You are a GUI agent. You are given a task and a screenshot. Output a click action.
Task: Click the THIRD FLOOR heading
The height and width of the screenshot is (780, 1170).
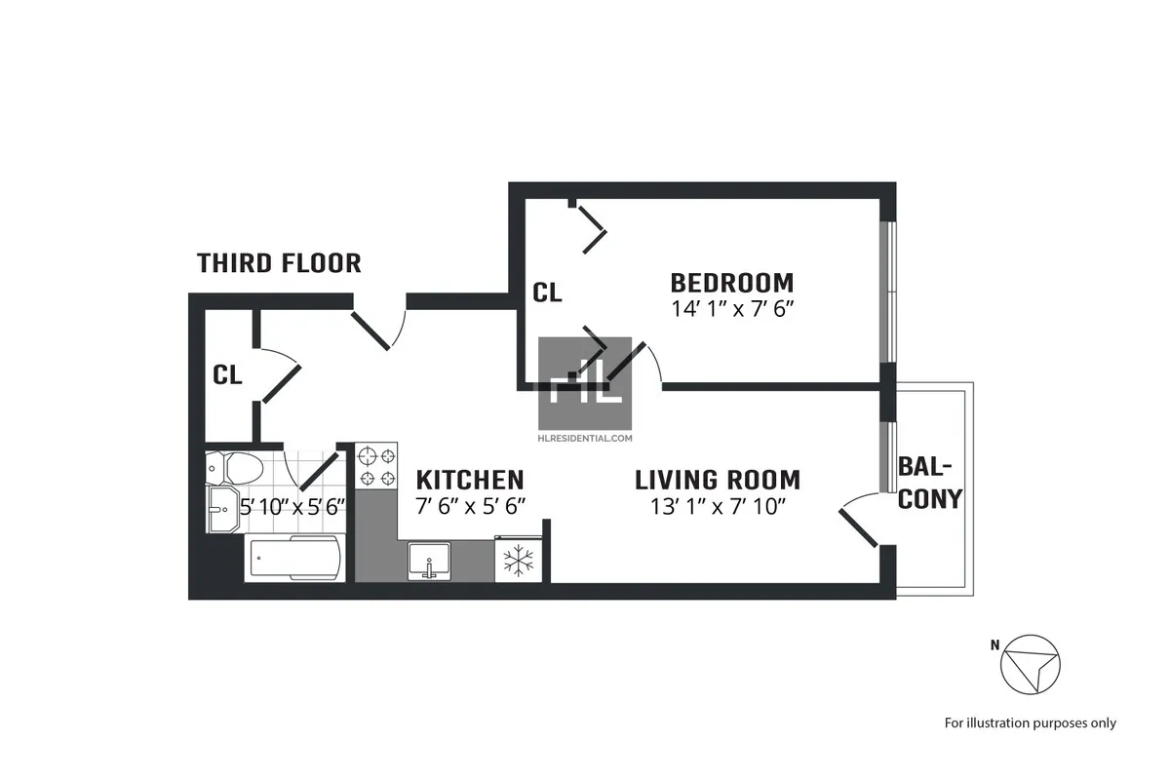pos(279,263)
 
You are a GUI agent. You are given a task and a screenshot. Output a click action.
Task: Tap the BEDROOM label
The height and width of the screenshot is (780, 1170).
pos(731,283)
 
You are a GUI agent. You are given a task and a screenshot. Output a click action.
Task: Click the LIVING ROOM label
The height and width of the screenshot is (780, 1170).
pos(717,480)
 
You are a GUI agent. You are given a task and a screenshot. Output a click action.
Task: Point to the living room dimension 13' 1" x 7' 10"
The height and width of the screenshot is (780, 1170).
pos(717,506)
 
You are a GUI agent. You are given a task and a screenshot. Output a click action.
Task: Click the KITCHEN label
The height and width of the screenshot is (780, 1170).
pos(470,480)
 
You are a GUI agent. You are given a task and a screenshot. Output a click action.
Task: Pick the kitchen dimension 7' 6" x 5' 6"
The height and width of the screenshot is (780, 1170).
pos(470,506)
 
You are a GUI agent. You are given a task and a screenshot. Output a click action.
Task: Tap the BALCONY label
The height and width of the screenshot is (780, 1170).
pos(929,482)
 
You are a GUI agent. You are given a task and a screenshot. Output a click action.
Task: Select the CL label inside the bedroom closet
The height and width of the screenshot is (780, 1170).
pos(547,292)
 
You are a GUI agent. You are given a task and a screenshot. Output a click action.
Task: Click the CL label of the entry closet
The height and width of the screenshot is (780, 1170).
pos(228,374)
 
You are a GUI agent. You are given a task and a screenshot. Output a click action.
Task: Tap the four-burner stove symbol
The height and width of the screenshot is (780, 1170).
pos(377,465)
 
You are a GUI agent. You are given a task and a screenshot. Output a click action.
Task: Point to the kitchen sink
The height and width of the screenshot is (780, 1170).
pos(427,561)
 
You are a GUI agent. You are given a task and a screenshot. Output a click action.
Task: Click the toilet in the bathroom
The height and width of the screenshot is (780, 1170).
pos(234,468)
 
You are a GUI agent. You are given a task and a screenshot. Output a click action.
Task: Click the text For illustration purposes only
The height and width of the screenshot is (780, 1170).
pos(1030,722)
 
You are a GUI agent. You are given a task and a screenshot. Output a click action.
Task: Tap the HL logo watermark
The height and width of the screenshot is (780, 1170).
pos(585,384)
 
